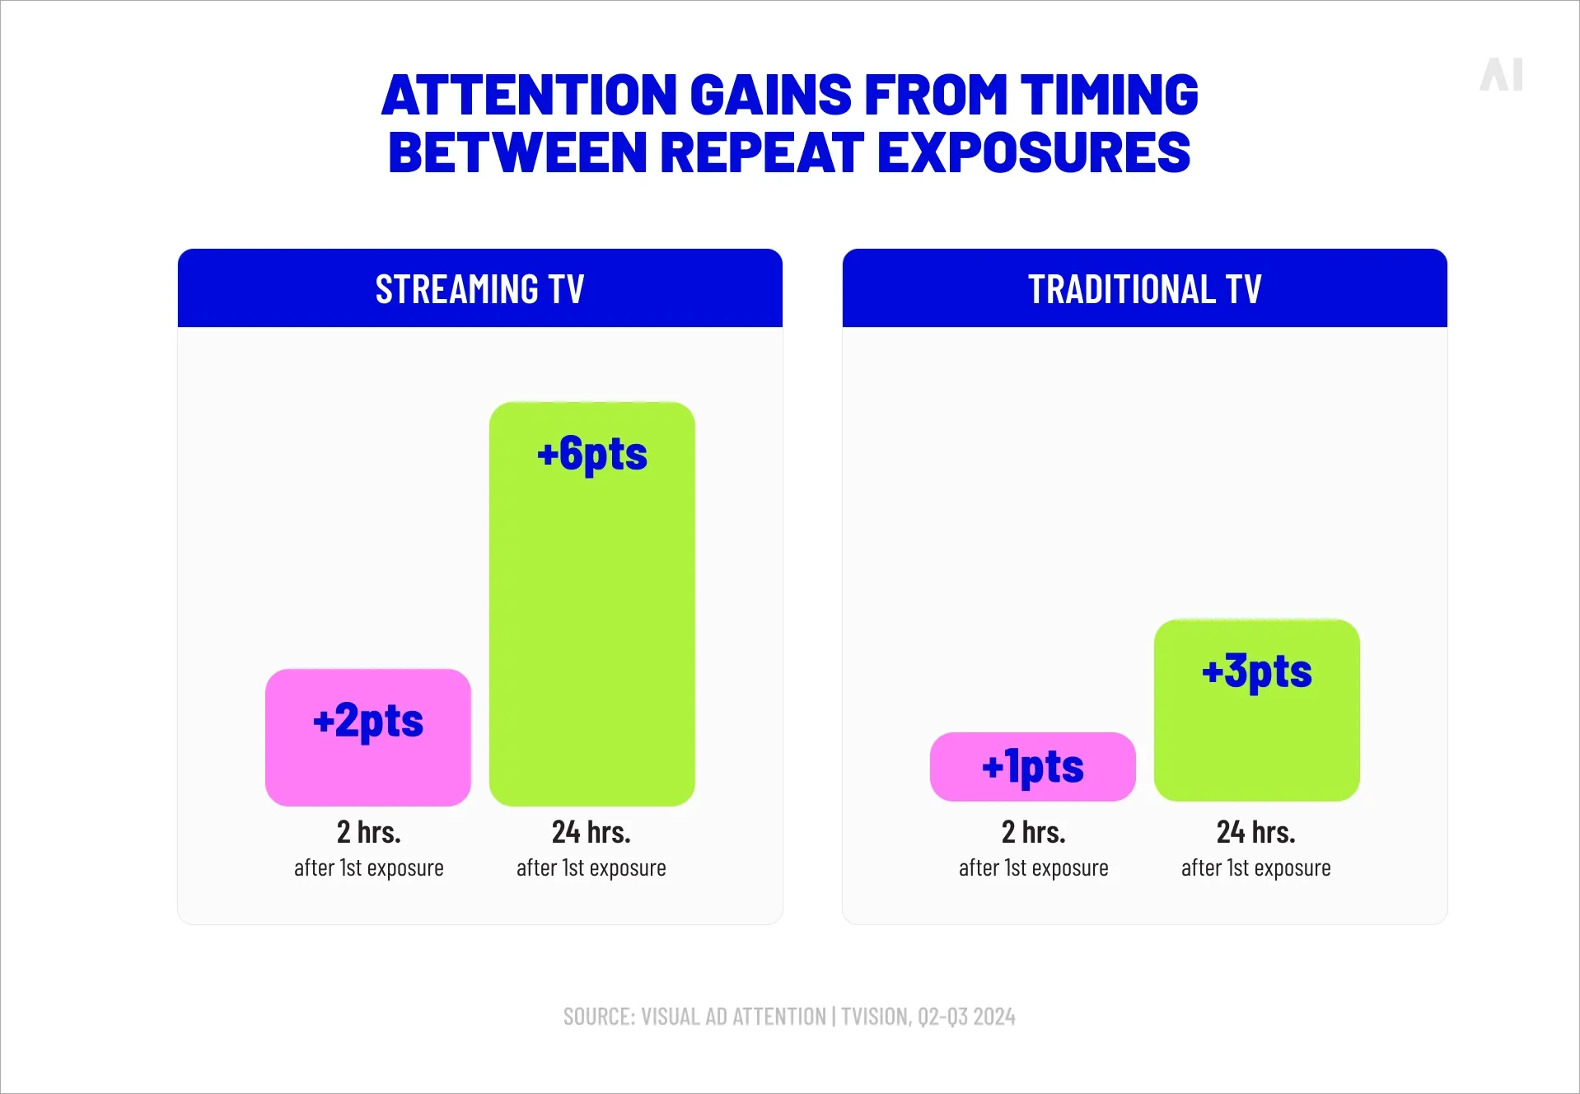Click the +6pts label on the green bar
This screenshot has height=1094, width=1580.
591,454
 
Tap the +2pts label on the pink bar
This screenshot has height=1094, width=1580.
368,721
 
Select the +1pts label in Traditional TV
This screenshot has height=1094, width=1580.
1032,766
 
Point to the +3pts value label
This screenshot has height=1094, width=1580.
1256,671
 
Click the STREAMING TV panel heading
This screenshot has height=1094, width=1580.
479,289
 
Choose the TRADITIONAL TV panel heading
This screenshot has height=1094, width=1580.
1144,289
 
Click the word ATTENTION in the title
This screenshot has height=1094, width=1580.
529,95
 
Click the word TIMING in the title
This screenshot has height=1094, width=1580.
1109,95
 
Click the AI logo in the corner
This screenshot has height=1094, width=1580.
1501,74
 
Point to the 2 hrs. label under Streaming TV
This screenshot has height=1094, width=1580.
368,832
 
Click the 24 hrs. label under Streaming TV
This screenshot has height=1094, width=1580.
591,832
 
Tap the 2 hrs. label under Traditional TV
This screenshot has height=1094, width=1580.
1033,832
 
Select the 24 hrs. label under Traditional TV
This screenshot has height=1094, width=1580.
1255,832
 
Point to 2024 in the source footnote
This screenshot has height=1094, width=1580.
993,1017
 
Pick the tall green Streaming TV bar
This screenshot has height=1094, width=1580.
591,626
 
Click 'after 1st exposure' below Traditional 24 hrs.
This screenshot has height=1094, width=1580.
1255,868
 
